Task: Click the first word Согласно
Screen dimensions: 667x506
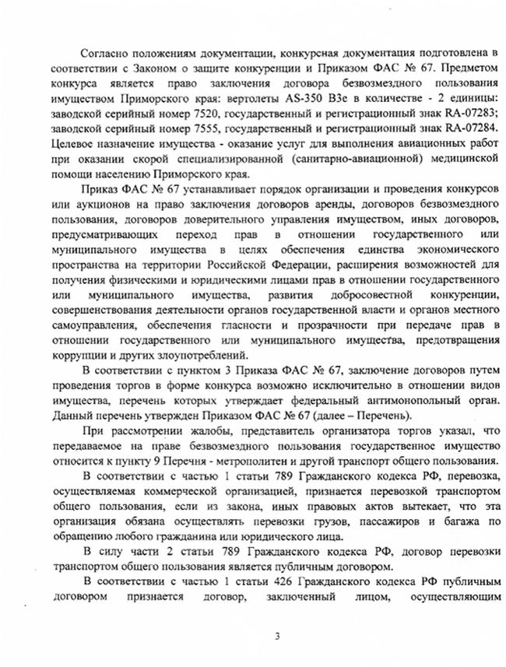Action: (x=107, y=52)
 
